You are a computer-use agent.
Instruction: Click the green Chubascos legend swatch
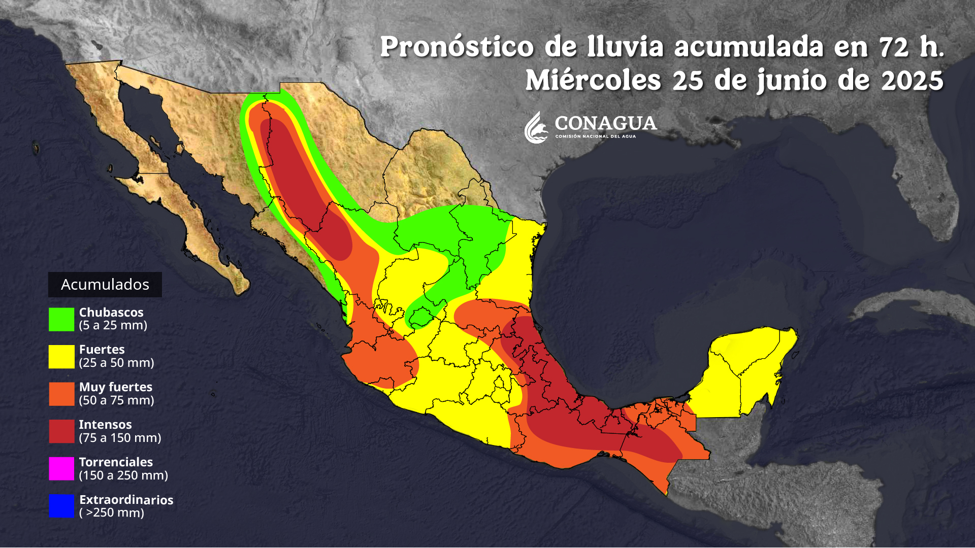click(61, 319)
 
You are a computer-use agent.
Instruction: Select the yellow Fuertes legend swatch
click(61, 357)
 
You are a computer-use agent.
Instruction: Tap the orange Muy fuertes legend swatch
click(61, 394)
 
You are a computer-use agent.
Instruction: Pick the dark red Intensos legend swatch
click(61, 431)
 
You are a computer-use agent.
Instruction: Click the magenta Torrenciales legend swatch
click(61, 469)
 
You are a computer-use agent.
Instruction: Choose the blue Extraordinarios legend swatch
click(61, 506)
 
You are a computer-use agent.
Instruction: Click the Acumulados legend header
click(105, 285)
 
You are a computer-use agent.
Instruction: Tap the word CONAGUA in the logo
click(605, 123)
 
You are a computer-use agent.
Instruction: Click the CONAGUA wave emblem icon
click(536, 128)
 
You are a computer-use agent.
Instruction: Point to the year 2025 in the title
click(912, 81)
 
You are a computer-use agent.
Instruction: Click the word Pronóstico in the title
click(457, 47)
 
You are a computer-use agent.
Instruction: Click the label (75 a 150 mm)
click(120, 438)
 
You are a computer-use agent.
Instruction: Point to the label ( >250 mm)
click(112, 513)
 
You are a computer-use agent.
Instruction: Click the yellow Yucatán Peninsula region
click(741, 365)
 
